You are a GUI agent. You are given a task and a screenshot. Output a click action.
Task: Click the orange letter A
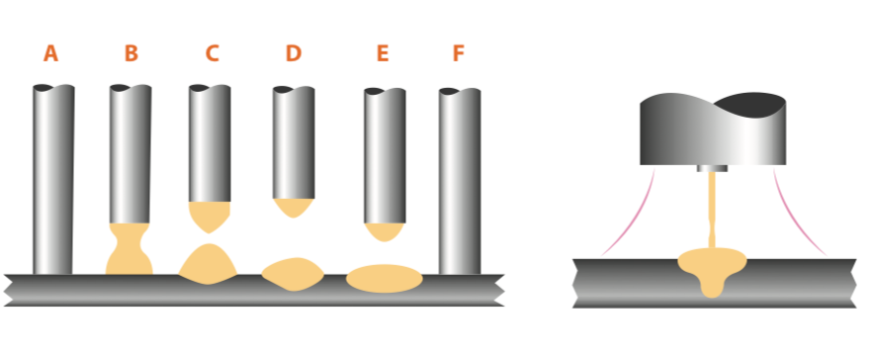pos(50,54)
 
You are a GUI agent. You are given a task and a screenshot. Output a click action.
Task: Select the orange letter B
pos(130,54)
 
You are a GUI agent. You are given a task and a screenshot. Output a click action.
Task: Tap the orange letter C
pos(212,54)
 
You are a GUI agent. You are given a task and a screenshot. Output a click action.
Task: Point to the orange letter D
pos(294,54)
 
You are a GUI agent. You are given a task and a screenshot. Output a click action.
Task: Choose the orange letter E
pos(383,54)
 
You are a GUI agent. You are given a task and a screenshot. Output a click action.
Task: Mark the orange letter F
pos(458,54)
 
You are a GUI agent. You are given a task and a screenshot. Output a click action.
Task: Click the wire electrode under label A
pos(53,178)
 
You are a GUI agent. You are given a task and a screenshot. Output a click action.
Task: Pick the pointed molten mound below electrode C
pos(208,265)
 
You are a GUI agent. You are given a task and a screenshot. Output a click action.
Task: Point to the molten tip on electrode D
pos(294,206)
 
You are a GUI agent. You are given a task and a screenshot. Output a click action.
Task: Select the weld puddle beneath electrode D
pos(293,273)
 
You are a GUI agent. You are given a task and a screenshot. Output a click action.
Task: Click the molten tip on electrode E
pos(385,231)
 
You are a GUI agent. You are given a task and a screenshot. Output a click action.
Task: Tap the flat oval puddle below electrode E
pos(385,279)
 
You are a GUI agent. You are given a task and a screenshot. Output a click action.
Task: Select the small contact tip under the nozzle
pos(712,168)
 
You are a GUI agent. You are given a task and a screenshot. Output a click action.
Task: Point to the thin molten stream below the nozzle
pos(712,213)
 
